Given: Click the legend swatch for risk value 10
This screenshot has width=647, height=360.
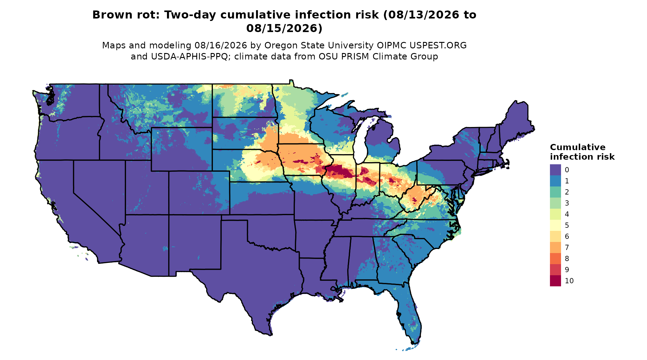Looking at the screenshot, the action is coord(555,281).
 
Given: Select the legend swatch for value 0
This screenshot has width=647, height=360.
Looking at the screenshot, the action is coord(555,170).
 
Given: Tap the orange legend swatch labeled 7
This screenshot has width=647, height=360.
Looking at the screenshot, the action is coord(555,247).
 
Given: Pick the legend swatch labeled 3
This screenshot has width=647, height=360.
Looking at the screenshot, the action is coord(555,203).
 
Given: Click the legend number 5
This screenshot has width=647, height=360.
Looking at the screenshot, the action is coord(567,225).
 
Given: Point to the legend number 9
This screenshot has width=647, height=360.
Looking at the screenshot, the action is coord(567,270).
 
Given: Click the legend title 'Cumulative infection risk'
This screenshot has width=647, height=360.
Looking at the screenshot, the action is coord(582,152).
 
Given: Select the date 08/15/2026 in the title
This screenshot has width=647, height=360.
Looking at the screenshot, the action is coord(284,28).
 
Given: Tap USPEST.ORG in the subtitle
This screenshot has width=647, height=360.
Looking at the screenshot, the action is coord(438,46).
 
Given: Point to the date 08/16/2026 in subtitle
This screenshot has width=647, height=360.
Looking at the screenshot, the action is coord(221,46).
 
